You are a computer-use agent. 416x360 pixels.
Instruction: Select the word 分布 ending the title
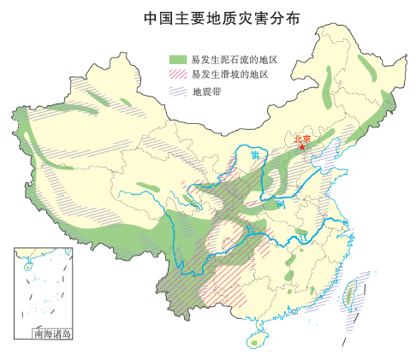[279, 18]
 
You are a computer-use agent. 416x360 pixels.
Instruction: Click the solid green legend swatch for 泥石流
[177, 59]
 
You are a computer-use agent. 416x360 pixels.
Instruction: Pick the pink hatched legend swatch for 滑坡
[177, 74]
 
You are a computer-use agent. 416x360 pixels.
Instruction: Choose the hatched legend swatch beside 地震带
[177, 90]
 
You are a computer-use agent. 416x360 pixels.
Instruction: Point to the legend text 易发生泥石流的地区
[236, 59]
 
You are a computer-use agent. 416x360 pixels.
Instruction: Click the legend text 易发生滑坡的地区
[230, 74]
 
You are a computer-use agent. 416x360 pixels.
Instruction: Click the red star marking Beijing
[302, 148]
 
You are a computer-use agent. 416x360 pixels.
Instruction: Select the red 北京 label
[302, 138]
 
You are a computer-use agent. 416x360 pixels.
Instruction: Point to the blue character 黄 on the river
[256, 156]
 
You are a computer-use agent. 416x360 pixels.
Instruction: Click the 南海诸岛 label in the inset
[51, 333]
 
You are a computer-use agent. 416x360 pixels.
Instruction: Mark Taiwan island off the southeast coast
[349, 295]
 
